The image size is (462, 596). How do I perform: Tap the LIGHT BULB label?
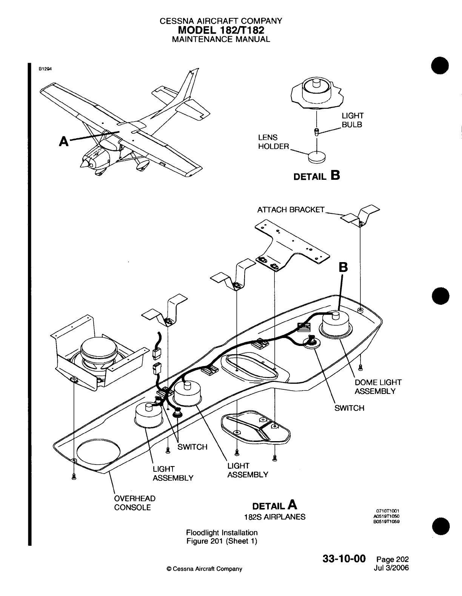[352, 120]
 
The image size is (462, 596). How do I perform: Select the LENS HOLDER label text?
[273, 142]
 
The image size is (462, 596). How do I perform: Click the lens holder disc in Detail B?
[317, 156]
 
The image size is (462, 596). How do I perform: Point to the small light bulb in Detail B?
[317, 131]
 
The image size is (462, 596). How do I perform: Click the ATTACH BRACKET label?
[291, 210]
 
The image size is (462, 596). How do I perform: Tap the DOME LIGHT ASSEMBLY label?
[378, 387]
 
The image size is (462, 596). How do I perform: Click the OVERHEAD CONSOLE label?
[134, 503]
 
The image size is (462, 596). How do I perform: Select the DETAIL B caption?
[317, 176]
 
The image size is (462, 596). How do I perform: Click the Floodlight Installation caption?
[222, 533]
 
